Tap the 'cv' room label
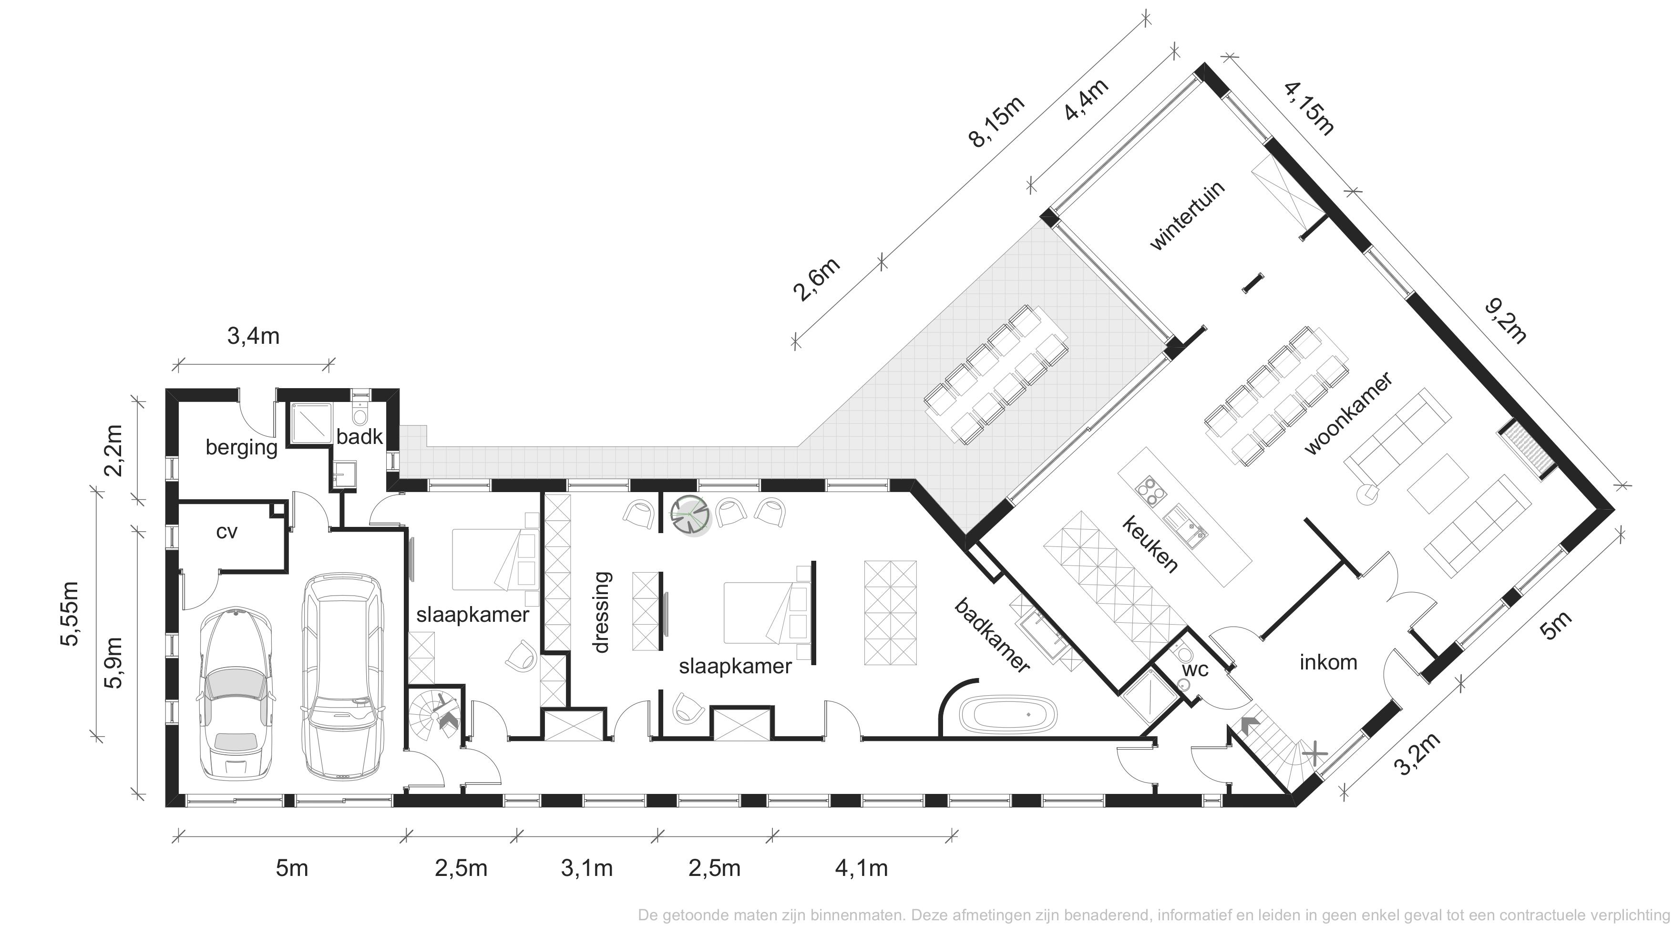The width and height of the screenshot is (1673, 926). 226,532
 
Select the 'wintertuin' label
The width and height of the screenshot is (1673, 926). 1187,216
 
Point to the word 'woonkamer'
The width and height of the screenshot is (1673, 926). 1348,413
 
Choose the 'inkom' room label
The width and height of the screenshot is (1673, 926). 1328,662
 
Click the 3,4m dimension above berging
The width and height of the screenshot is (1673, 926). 253,336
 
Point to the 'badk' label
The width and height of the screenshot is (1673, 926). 359,436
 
